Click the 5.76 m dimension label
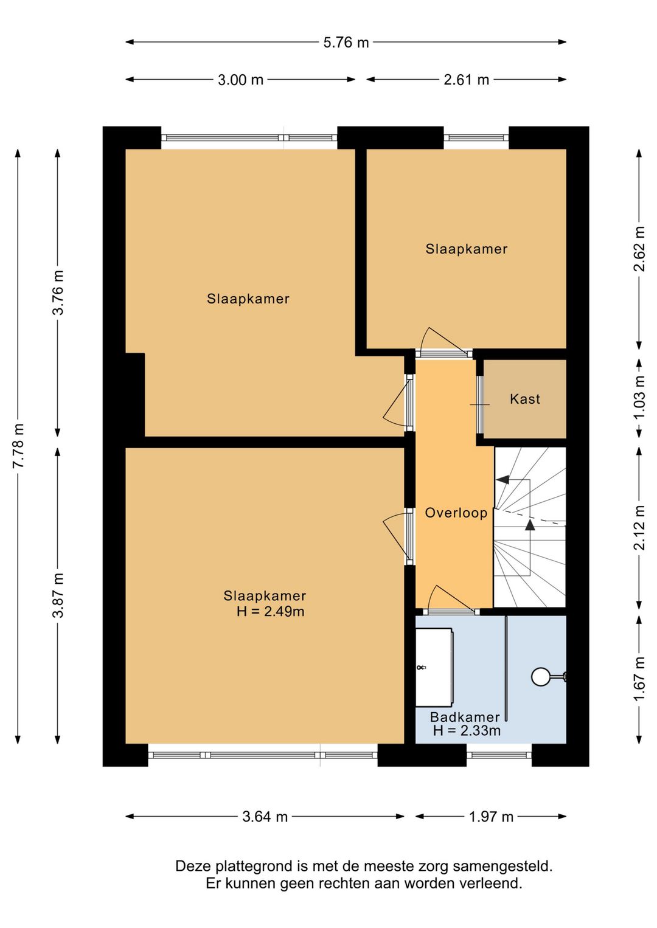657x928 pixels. (346, 42)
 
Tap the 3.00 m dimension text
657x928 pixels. (240, 80)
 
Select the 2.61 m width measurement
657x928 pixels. (467, 80)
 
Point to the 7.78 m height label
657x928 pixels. (19, 446)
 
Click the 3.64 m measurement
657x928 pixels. (265, 817)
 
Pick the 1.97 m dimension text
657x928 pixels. (491, 817)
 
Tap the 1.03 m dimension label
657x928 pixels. (639, 397)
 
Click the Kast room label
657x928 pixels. (525, 399)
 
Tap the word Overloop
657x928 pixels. (456, 513)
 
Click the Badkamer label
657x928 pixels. (465, 716)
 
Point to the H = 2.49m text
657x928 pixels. (270, 611)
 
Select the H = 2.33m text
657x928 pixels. (467, 730)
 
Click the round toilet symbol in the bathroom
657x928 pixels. (540, 676)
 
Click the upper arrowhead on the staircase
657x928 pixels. (502, 479)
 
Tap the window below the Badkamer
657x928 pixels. (499, 755)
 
